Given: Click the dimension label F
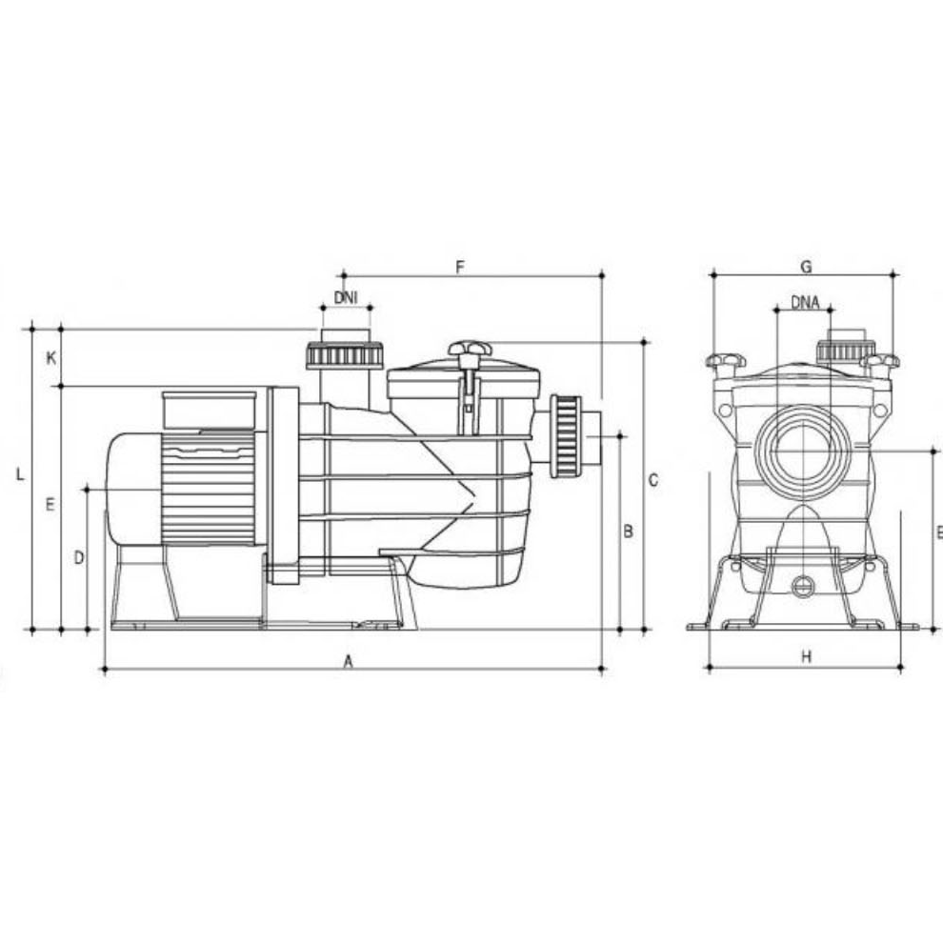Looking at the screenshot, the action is pyautogui.click(x=460, y=267).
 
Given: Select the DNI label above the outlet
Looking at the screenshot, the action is pyautogui.click(x=346, y=297).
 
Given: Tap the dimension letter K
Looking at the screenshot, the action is pyautogui.click(x=51, y=358).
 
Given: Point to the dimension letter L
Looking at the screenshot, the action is pyautogui.click(x=20, y=474).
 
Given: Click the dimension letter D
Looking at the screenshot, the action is pyautogui.click(x=79, y=558).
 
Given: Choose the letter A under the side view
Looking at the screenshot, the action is pyautogui.click(x=348, y=662).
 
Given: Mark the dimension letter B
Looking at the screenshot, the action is pyautogui.click(x=628, y=532).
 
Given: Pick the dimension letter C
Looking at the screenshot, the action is pyautogui.click(x=653, y=480).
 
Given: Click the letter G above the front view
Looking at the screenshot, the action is pyautogui.click(x=807, y=267).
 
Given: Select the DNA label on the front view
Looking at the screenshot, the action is pyautogui.click(x=805, y=303).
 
